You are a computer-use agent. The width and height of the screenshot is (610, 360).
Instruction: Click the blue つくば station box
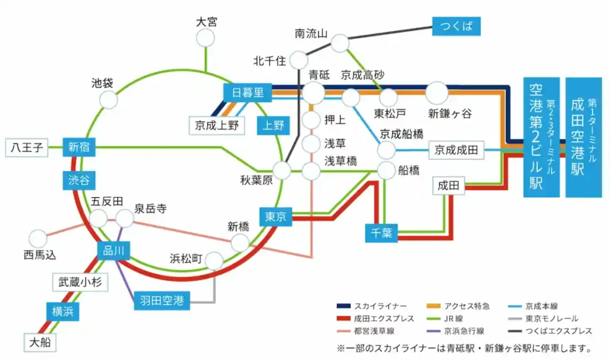click(x=456, y=26)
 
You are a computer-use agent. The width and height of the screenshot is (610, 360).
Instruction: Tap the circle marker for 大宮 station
click(x=206, y=38)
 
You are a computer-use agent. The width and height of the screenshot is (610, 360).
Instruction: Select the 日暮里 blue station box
click(x=248, y=92)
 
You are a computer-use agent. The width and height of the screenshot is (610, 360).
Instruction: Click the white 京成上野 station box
click(x=217, y=125)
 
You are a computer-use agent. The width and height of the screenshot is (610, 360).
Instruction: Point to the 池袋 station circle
click(x=108, y=100)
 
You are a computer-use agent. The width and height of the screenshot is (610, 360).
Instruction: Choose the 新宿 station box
click(x=79, y=147)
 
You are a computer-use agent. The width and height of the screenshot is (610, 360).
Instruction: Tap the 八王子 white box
click(x=27, y=147)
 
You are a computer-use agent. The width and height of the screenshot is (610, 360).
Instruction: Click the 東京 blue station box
click(x=276, y=217)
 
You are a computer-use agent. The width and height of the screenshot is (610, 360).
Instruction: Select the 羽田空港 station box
click(x=162, y=300)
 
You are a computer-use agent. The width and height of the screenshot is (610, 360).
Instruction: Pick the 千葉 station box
click(x=381, y=233)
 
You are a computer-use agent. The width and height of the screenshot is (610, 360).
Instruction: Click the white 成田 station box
click(x=449, y=185)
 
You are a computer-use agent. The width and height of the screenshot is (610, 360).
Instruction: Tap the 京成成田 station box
click(x=456, y=150)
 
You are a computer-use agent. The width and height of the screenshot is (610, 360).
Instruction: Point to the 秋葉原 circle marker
click(x=282, y=170)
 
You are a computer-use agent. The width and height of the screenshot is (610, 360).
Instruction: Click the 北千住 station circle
click(x=299, y=60)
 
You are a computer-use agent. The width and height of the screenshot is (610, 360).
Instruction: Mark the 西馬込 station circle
click(x=38, y=238)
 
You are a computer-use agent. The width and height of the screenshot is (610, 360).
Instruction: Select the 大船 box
click(x=40, y=343)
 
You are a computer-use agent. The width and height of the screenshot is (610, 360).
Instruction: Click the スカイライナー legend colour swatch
click(x=344, y=306)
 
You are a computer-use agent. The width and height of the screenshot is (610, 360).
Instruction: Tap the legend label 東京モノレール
click(x=552, y=319)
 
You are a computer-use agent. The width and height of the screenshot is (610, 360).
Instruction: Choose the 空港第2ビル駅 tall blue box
click(x=541, y=137)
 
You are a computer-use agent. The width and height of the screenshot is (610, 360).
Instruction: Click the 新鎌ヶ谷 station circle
click(x=437, y=93)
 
